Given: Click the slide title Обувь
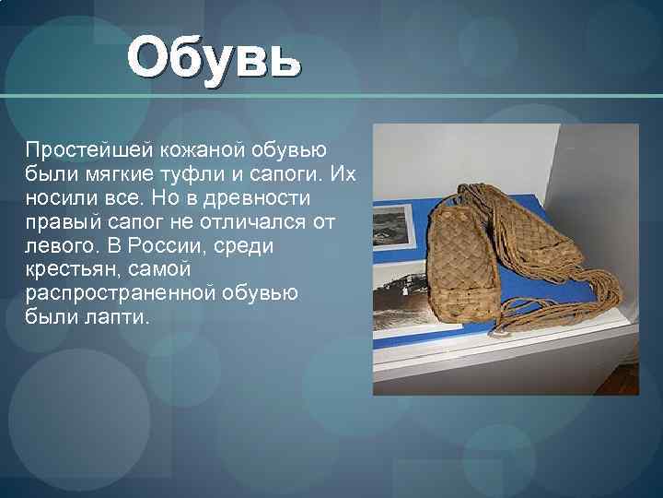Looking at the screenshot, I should pyautogui.click(x=214, y=58).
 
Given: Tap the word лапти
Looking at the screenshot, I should pyautogui.click(x=121, y=319).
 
